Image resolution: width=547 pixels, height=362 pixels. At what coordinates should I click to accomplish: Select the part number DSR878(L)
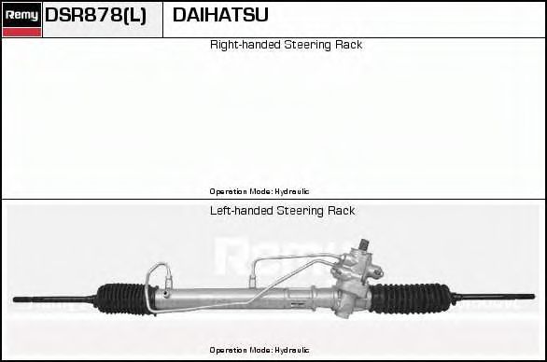[x=96, y=16]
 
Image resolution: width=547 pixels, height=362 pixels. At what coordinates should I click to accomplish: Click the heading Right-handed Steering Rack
[x=286, y=45]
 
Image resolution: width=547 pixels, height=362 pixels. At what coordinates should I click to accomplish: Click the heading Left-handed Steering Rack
[x=282, y=211]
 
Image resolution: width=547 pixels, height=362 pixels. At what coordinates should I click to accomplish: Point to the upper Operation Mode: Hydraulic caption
[x=259, y=190]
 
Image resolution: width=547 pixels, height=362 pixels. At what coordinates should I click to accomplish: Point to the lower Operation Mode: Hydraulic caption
[x=259, y=350]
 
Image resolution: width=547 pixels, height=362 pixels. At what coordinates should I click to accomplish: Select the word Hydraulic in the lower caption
[x=292, y=350]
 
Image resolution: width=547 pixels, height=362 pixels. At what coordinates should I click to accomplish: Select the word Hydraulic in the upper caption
[x=292, y=190]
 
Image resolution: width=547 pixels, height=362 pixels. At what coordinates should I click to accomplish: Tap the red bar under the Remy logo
[x=21, y=33]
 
